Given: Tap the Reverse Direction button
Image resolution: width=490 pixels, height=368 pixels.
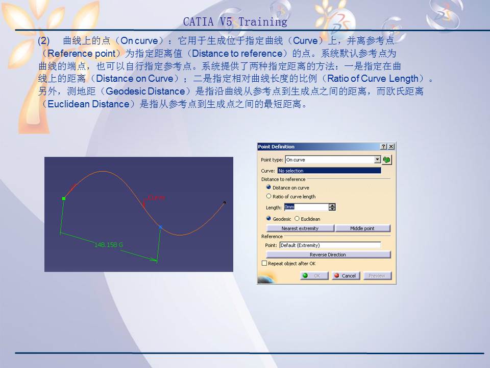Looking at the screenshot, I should (328, 255).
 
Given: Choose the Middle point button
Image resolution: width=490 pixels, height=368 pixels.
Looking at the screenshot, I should (362, 228).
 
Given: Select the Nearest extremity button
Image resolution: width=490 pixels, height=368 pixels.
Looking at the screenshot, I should (300, 228).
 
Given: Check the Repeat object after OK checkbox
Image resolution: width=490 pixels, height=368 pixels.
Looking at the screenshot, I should (264, 264).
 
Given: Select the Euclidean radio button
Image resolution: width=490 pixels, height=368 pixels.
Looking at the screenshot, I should (297, 219).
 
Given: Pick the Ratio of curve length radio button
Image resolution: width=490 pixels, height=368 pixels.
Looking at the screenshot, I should (269, 196).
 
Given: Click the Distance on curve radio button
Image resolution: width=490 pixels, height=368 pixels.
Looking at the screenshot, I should (269, 188).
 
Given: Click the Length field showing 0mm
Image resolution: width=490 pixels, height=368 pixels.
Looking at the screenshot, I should (306, 208).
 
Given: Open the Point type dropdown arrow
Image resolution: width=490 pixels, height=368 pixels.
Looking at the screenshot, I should (377, 159).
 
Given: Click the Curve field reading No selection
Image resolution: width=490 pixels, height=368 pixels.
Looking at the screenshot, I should (329, 171).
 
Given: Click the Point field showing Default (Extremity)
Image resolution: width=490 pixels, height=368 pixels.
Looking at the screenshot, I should (330, 245).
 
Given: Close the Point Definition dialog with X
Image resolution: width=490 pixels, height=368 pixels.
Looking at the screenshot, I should (391, 147).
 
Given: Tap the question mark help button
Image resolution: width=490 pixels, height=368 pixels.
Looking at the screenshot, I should (384, 147).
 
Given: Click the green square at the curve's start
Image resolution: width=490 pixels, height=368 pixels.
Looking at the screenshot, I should (63, 198).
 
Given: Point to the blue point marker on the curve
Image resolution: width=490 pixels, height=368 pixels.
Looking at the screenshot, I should (160, 226).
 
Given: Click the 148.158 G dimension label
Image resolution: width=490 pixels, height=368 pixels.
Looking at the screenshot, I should (109, 245).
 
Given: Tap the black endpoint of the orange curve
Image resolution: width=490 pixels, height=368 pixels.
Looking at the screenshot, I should (225, 202).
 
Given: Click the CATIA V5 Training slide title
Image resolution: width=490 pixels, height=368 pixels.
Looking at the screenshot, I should (235, 22).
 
